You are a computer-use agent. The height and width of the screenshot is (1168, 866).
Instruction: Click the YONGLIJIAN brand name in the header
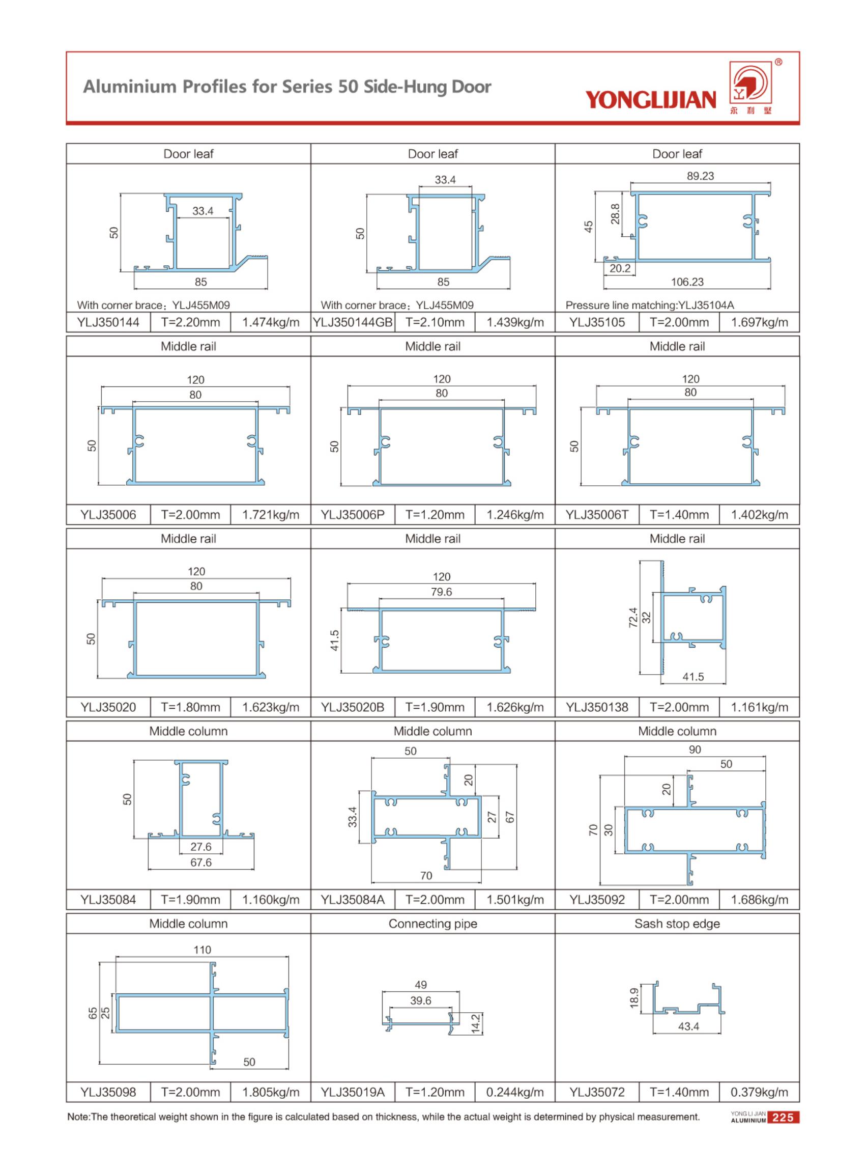tap(650, 99)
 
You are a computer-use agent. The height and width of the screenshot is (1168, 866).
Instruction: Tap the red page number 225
tap(783, 1118)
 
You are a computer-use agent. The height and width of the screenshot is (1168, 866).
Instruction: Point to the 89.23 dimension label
tap(700, 176)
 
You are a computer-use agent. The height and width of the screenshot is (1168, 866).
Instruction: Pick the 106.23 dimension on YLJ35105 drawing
tap(687, 282)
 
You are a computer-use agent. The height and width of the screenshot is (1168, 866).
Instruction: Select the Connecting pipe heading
tap(432, 924)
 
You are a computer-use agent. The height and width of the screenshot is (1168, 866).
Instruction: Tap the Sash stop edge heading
tap(677, 924)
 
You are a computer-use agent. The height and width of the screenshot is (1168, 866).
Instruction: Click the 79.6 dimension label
tap(441, 592)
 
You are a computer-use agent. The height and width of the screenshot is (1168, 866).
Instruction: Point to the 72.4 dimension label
tap(633, 617)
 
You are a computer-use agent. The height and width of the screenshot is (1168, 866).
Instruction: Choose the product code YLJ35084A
tap(352, 900)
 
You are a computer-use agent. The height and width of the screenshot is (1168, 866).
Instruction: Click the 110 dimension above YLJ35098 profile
tap(202, 950)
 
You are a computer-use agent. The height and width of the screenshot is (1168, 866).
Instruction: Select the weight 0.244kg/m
tap(515, 1093)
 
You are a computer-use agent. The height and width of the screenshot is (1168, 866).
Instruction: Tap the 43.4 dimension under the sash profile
tap(688, 1026)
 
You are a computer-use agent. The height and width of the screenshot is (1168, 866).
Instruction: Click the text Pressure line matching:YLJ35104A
tap(649, 305)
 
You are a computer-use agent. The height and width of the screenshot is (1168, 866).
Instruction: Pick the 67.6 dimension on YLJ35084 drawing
tap(201, 862)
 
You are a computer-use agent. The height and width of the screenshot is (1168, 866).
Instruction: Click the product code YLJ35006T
tap(596, 515)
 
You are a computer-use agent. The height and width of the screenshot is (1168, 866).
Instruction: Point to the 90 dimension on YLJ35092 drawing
tap(695, 749)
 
